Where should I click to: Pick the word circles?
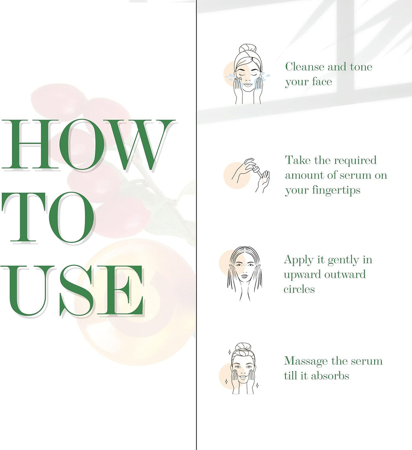pyautogui.click(x=299, y=289)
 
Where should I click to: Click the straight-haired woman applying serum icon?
pyautogui.click(x=244, y=274)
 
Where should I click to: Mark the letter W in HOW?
pyautogui.click(x=140, y=145)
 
